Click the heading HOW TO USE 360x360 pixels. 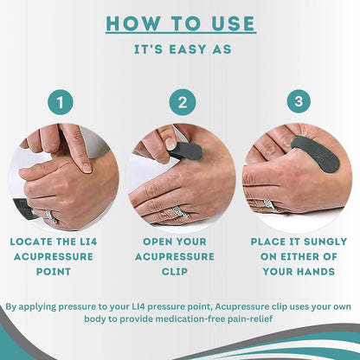(x=180, y=23)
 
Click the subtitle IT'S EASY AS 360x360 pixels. (x=180, y=49)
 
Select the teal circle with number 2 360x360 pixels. (x=181, y=101)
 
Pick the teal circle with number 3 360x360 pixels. (x=298, y=101)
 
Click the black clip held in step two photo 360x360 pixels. (x=186, y=152)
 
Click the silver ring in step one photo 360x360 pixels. (x=52, y=215)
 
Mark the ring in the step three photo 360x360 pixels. (x=270, y=206)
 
